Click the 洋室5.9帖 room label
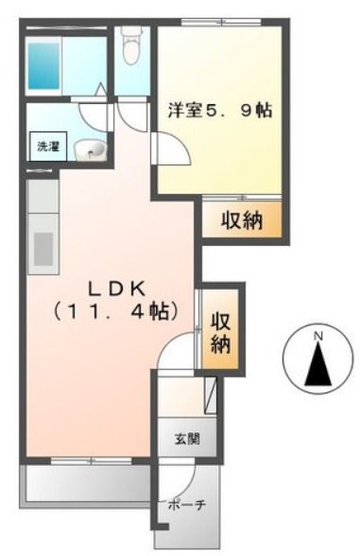point(220,111)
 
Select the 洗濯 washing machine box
point(45,147)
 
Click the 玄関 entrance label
point(186,439)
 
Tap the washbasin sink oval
point(92,149)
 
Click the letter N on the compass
point(318,336)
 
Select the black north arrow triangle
point(318,365)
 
